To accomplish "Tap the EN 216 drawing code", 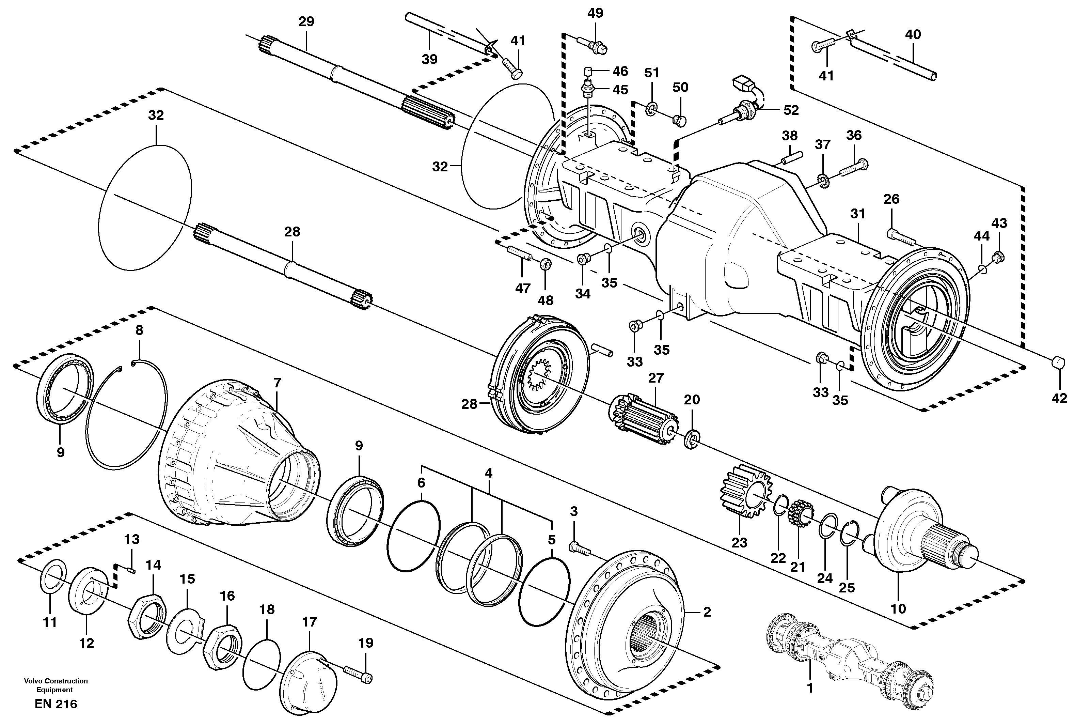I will (x=56, y=704).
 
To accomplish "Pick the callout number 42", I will (x=1059, y=398).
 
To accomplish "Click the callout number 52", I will (x=791, y=110).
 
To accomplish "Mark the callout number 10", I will (x=898, y=608).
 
